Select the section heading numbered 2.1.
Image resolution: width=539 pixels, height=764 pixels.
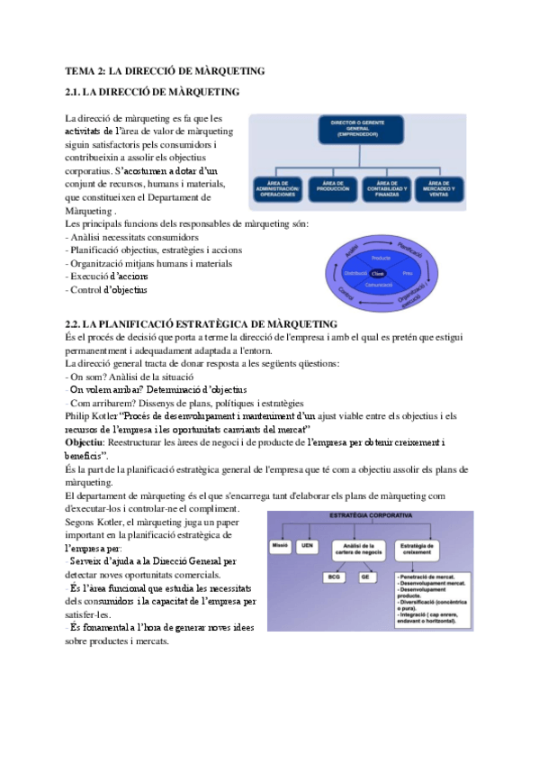point(152,92)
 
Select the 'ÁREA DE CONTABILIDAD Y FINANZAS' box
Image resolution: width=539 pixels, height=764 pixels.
point(385,186)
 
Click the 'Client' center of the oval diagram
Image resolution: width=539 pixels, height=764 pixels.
point(378,272)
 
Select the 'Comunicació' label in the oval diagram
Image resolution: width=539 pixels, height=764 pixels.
point(381,287)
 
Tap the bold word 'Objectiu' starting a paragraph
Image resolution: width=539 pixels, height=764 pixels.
point(85,443)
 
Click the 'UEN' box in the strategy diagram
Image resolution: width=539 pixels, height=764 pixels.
point(309,546)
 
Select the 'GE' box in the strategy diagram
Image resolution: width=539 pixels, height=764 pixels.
point(365,576)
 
